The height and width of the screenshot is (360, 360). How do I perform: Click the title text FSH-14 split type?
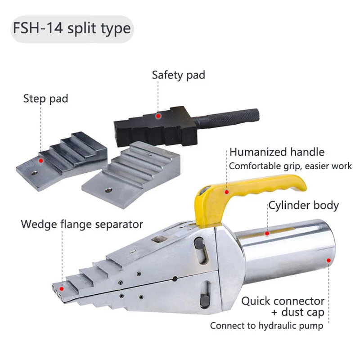coord(72,29)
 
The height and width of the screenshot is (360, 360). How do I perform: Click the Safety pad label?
coord(178,75)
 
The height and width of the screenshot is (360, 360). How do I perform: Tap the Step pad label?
coord(45,98)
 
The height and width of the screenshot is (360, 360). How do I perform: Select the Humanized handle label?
coord(277,152)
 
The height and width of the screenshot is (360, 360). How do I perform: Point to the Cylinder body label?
coord(303,206)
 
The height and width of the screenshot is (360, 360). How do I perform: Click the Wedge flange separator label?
coord(82,224)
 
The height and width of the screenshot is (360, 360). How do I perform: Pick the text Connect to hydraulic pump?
coord(266,325)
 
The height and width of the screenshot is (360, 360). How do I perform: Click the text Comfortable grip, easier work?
coord(290,166)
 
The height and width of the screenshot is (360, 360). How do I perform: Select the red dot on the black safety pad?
coord(158,116)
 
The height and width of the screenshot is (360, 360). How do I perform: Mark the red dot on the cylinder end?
coord(328,260)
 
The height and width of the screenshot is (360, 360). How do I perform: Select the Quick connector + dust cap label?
coord(283,306)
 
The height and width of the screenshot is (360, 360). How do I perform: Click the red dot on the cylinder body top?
coord(266,233)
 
